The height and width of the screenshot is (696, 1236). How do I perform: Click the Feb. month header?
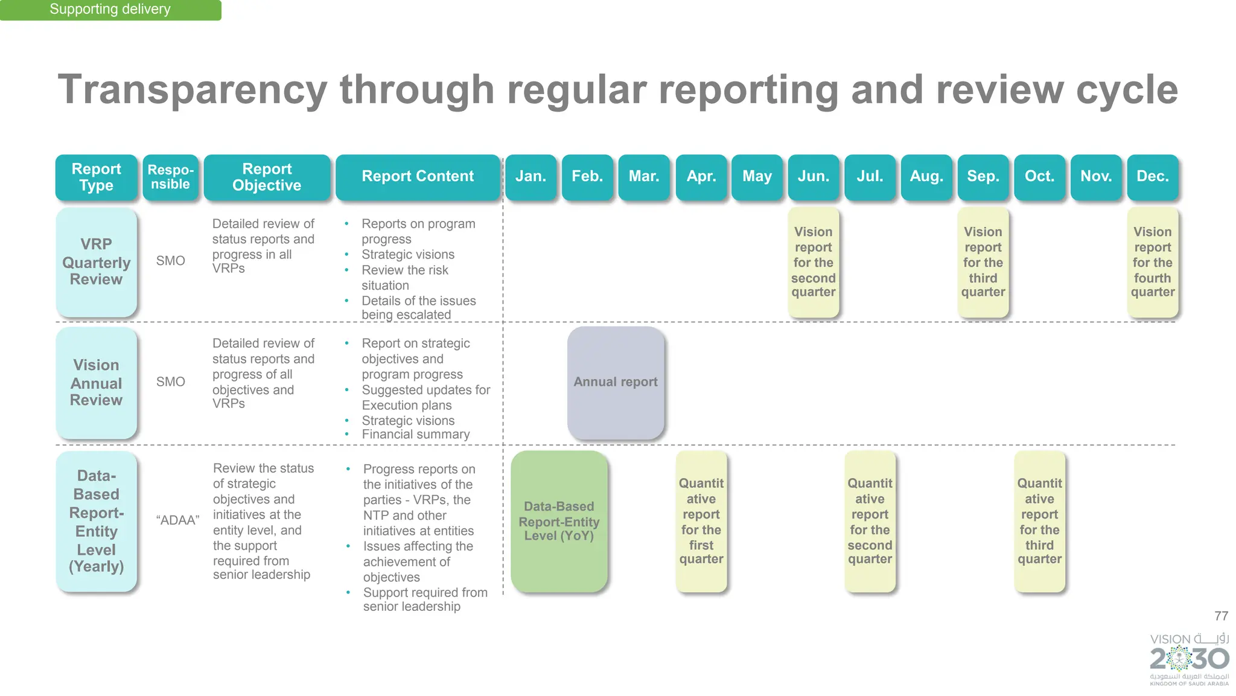pos(587,176)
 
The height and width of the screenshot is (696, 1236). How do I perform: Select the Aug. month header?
pos(926,176)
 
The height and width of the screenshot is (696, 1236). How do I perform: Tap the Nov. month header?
pos(1096,176)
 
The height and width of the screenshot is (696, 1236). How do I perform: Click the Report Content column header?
pos(418,176)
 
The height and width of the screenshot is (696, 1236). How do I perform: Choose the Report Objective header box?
pos(267,177)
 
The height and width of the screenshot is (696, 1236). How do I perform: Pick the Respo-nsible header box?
pos(171,177)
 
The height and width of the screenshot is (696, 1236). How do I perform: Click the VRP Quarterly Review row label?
pos(97,262)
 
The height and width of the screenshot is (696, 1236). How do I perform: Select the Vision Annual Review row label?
pos(97,383)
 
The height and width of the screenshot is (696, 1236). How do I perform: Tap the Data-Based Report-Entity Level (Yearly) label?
pos(97,521)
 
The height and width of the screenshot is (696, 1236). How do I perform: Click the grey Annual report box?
pos(616,382)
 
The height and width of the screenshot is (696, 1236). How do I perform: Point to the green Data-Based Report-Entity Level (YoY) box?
pos(559,521)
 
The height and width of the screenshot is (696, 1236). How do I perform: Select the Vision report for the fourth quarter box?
pos(1152,262)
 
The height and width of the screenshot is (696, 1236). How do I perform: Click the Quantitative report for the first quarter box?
pos(701,521)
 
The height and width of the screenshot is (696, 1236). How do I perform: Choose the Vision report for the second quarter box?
pos(814,262)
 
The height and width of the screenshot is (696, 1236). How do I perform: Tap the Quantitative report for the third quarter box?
pos(1039,521)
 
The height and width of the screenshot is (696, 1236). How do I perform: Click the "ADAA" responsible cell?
pos(177,520)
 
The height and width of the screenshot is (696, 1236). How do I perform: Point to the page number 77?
pos(1221,616)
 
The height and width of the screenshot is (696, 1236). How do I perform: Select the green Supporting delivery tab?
pos(110,10)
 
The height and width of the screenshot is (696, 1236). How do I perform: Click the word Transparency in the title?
pos(193,90)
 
